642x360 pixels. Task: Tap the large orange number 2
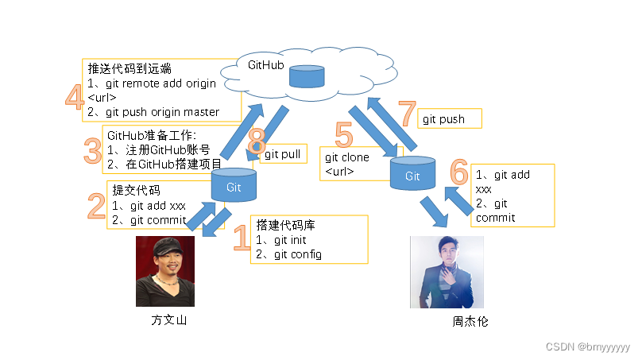[x=97, y=205]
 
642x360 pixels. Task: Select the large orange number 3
[x=91, y=150]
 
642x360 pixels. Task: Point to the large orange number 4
[x=73, y=98]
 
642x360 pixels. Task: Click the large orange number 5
[x=343, y=134]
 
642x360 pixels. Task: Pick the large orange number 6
[x=459, y=171]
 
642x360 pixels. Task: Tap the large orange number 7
[x=408, y=115]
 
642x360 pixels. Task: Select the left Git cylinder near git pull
[x=234, y=186]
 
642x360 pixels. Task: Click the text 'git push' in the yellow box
[x=444, y=120]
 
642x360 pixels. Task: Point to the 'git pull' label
[x=283, y=154]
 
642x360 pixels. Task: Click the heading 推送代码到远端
[x=130, y=69]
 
